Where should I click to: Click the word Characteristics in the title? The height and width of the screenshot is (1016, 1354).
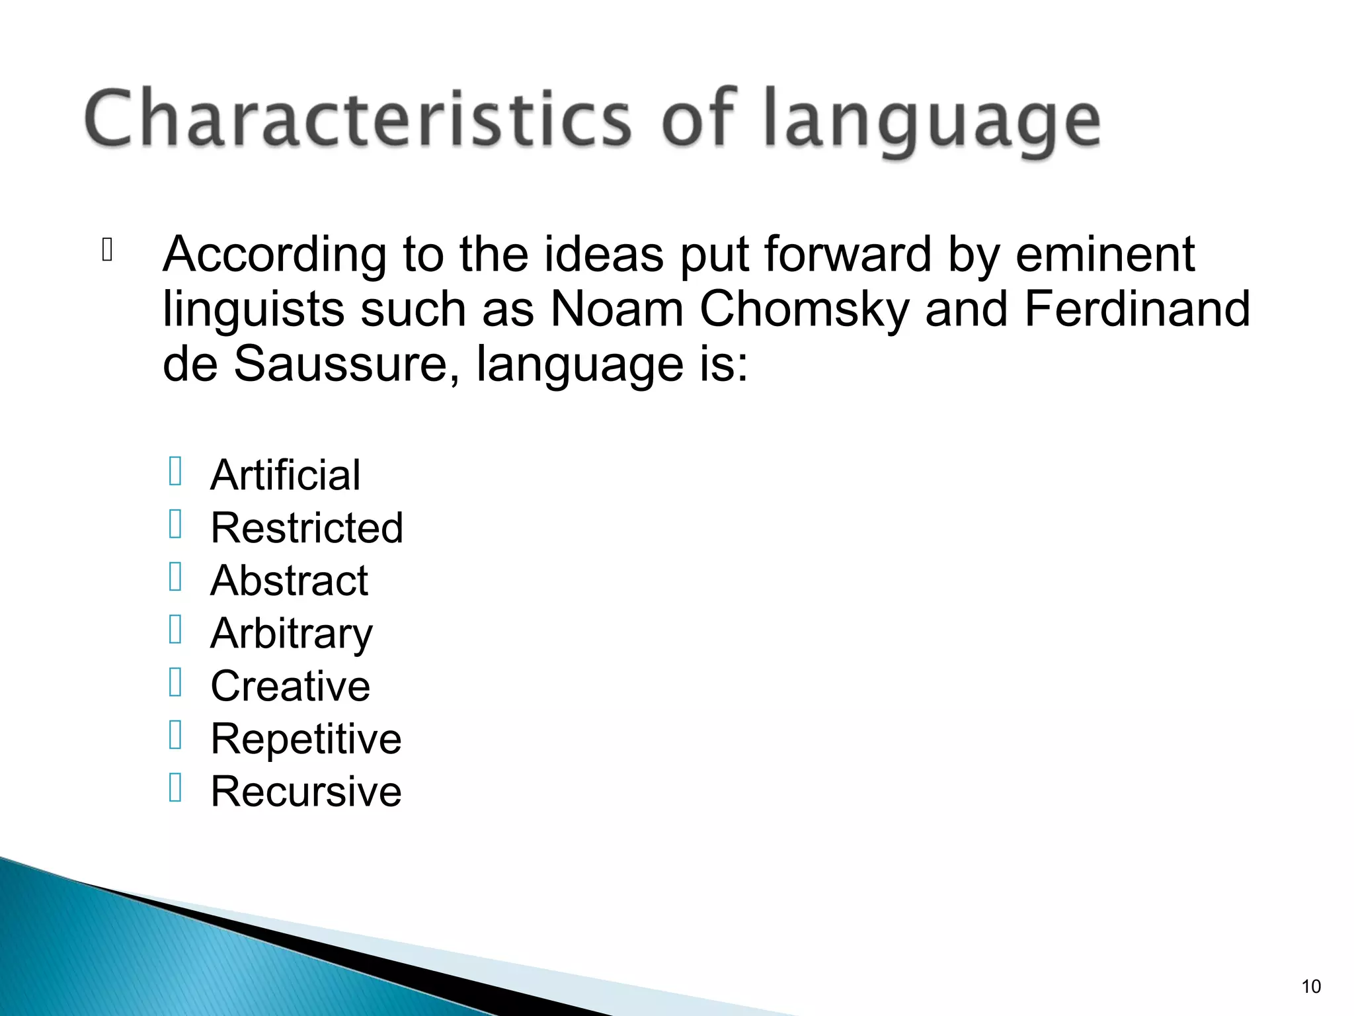[357, 119]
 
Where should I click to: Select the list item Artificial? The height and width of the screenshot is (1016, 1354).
[286, 475]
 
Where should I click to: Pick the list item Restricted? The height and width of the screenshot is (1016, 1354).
[307, 528]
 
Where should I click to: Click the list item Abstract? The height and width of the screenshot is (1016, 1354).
[289, 581]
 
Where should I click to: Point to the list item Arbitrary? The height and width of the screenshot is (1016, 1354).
[292, 634]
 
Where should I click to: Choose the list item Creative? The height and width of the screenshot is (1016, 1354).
[290, 686]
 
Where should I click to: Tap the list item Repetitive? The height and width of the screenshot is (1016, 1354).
[306, 739]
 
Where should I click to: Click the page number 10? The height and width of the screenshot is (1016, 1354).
[1310, 986]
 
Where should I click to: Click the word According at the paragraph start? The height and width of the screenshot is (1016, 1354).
[274, 255]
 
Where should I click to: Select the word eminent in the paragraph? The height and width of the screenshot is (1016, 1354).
[1105, 255]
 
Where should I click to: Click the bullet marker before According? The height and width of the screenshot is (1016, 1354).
[108, 249]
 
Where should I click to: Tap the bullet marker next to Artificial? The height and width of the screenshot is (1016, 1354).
[175, 472]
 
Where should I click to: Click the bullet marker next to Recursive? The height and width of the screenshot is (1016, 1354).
[175, 788]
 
